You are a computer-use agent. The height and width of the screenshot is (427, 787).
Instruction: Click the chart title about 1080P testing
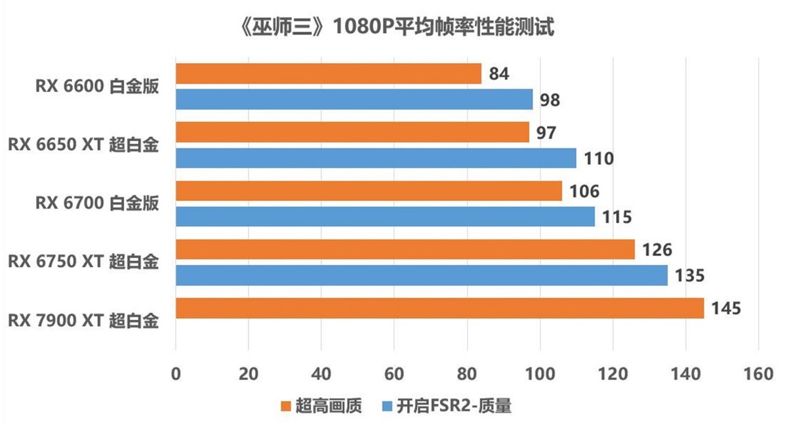(393, 28)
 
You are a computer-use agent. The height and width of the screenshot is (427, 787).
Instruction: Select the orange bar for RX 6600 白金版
(328, 74)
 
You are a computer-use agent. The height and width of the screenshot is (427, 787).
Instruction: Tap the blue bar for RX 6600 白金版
(354, 100)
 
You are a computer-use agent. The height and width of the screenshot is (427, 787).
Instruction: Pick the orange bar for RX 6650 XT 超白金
(352, 132)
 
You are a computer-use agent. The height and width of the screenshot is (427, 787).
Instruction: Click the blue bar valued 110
(376, 158)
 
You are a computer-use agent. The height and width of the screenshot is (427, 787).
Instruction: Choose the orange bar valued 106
(369, 191)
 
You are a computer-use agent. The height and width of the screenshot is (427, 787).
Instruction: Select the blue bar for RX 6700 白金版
(385, 216)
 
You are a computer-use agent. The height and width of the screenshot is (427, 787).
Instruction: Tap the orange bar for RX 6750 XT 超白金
(405, 249)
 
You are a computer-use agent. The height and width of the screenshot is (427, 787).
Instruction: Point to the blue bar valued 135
(422, 275)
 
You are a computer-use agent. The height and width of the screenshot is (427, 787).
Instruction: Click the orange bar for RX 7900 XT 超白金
(439, 308)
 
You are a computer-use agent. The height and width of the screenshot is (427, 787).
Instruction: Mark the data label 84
(499, 74)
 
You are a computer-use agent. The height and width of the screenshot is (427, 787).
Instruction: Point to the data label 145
(725, 308)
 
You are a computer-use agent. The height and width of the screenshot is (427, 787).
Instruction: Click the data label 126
(655, 249)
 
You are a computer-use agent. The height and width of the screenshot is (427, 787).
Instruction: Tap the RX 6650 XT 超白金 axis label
(83, 145)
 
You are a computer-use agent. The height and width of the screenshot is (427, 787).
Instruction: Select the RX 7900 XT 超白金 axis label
(83, 321)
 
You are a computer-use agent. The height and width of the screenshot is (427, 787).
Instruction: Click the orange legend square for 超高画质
(285, 407)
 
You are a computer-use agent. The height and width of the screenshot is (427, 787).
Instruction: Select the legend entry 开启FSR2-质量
(446, 407)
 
